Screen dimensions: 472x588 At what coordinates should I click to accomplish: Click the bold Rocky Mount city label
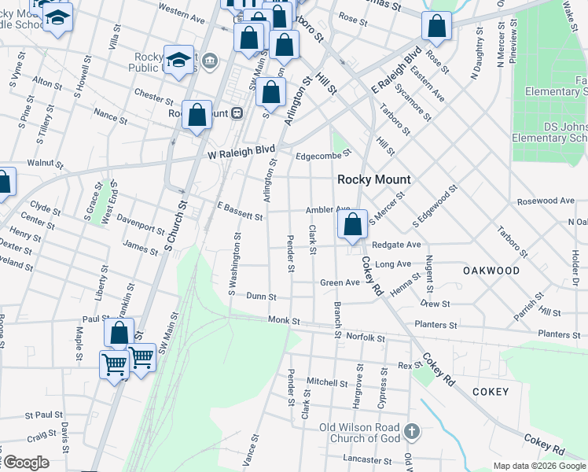click(374, 179)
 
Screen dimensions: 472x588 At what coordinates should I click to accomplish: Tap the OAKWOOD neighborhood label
click(491, 271)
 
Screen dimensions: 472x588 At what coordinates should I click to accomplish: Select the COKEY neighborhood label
click(491, 392)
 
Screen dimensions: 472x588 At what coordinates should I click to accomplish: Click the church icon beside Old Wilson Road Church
click(413, 432)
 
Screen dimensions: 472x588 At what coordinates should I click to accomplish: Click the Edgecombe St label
click(322, 156)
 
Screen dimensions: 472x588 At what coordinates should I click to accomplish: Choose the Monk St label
click(284, 321)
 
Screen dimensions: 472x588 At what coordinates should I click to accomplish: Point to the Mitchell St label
click(327, 382)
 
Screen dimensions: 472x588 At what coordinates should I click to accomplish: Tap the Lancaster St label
click(367, 458)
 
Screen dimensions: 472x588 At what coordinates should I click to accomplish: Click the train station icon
click(236, 113)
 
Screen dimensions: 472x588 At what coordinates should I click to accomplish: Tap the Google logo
click(25, 463)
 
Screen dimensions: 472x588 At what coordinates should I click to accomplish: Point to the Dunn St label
click(261, 297)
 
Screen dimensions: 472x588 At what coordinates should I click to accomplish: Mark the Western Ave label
click(182, 12)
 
